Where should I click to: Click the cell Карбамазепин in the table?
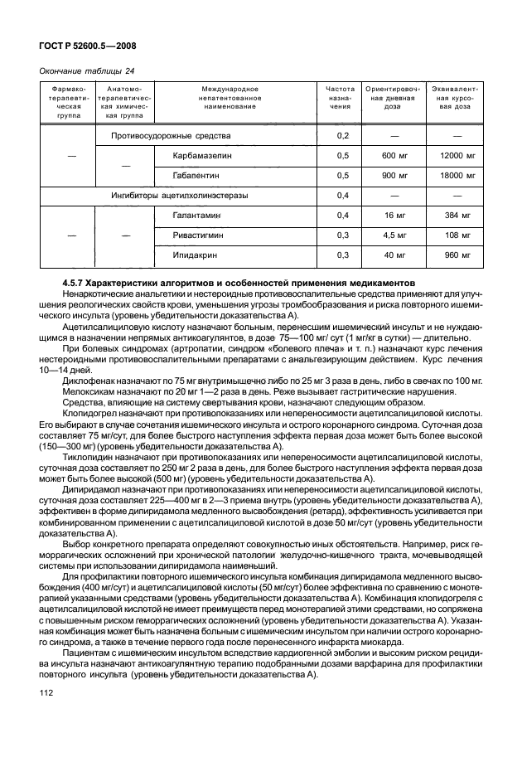coord(202,155)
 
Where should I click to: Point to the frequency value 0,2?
coord(343,134)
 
